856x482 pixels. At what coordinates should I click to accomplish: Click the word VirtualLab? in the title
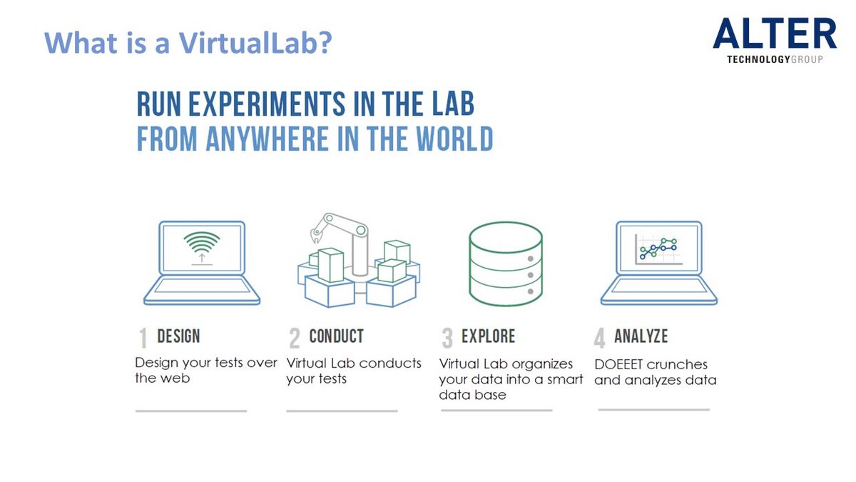point(255,42)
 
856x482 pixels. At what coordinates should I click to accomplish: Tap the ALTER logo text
point(774,34)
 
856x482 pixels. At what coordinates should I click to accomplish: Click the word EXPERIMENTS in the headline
point(267,104)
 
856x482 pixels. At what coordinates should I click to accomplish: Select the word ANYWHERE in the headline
point(267,139)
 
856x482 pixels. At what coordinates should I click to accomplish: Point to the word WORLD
point(454,139)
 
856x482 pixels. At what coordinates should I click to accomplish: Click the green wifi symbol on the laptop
point(202,242)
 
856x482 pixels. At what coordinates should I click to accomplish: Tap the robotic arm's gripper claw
point(315,235)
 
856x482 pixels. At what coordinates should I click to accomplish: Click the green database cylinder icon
point(506,264)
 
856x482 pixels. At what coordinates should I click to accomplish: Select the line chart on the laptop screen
point(658,249)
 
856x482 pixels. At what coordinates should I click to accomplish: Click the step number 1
point(143,338)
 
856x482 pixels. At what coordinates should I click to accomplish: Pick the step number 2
point(294,338)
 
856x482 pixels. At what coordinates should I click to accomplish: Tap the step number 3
point(447,338)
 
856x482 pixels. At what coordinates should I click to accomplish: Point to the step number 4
point(600,338)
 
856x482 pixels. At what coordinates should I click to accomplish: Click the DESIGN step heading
point(178,336)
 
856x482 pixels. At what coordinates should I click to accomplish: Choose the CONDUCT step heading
point(336,336)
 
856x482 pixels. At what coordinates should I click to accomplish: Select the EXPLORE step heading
point(488,336)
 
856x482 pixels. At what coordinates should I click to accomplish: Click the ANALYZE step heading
point(641,336)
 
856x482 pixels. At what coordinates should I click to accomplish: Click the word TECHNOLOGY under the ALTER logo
point(758,59)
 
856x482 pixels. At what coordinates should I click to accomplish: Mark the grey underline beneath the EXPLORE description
point(496,411)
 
